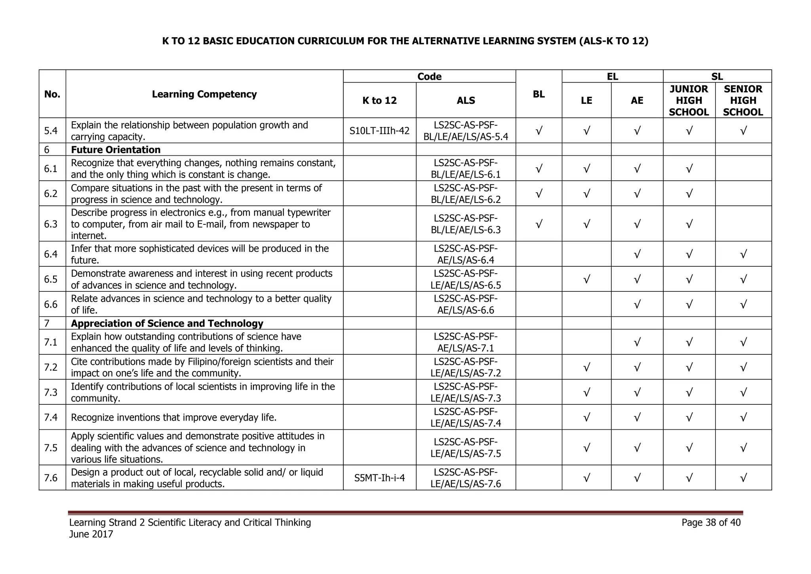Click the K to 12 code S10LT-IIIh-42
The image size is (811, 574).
pyautogui.click(x=379, y=130)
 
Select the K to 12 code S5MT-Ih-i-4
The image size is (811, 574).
pyautogui.click(x=379, y=478)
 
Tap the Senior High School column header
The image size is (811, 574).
pyautogui.click(x=743, y=100)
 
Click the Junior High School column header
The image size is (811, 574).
pyautogui.click(x=689, y=100)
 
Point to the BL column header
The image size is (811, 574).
pyautogui.click(x=539, y=94)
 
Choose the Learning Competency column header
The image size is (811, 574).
pyautogui.click(x=204, y=94)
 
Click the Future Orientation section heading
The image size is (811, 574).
pyautogui.click(x=116, y=149)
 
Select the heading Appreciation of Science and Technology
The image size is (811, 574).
pyautogui.click(x=167, y=323)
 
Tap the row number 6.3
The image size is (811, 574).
pyautogui.click(x=51, y=224)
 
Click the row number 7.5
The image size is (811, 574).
pyautogui.click(x=51, y=448)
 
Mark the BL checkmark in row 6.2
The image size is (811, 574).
pyautogui.click(x=539, y=193)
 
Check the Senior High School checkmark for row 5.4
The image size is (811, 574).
pyautogui.click(x=743, y=130)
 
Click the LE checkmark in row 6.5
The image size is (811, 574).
pyautogui.click(x=586, y=279)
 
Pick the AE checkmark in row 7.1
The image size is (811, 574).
pyautogui.click(x=637, y=342)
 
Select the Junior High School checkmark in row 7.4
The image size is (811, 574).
pyautogui.click(x=689, y=417)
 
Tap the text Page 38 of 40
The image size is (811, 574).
pyautogui.click(x=711, y=522)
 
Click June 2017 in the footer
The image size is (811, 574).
pyautogui.click(x=91, y=534)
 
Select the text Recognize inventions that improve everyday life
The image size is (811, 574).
pyautogui.click(x=173, y=417)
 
